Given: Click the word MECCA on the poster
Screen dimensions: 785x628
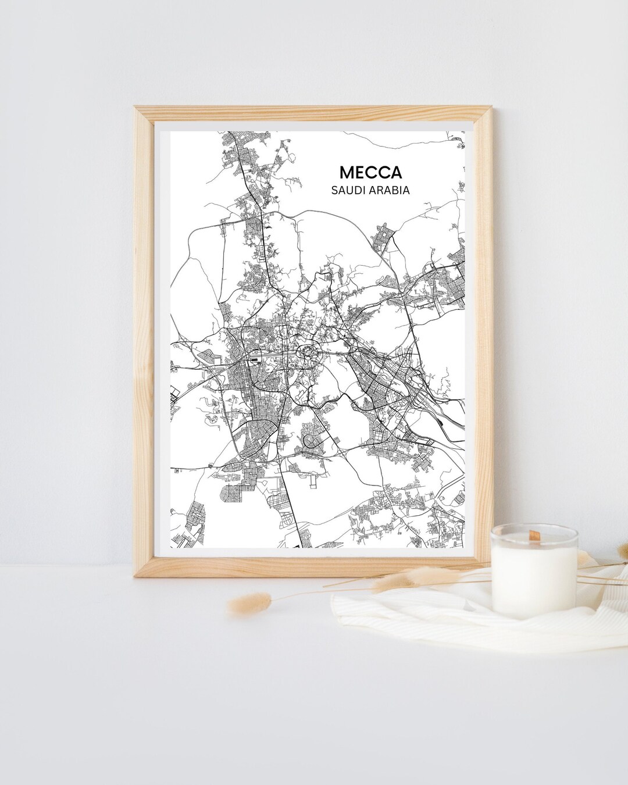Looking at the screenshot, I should click(x=370, y=173).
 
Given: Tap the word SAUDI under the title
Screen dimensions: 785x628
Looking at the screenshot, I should click(x=348, y=190).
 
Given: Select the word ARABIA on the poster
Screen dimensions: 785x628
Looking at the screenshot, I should click(x=390, y=190).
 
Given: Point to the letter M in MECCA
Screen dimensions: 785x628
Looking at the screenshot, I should click(x=347, y=173).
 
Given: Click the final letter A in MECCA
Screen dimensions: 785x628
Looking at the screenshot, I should click(x=395, y=173).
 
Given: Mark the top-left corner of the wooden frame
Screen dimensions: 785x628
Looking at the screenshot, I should click(x=136, y=108).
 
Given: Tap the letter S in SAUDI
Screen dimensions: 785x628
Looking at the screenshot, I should click(x=334, y=190).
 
